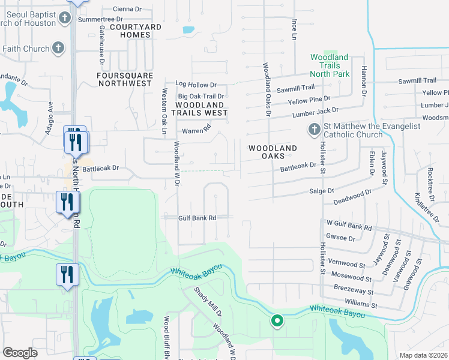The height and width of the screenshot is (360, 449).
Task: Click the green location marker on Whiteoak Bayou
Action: (x=277, y=321)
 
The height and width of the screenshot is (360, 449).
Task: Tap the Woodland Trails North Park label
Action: (x=329, y=65)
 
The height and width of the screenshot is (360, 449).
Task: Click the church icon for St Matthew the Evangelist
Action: (x=314, y=130)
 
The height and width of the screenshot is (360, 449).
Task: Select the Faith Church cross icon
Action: (x=58, y=48)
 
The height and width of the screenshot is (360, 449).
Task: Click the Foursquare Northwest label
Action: (x=125, y=79)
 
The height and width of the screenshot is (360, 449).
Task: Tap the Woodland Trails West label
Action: (x=200, y=108)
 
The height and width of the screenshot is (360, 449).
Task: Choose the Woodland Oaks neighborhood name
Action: (x=273, y=152)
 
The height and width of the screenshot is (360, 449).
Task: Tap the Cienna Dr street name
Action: (x=127, y=9)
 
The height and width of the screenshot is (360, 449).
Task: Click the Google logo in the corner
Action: (x=20, y=353)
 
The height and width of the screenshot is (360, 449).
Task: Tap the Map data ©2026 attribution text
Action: (x=423, y=355)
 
